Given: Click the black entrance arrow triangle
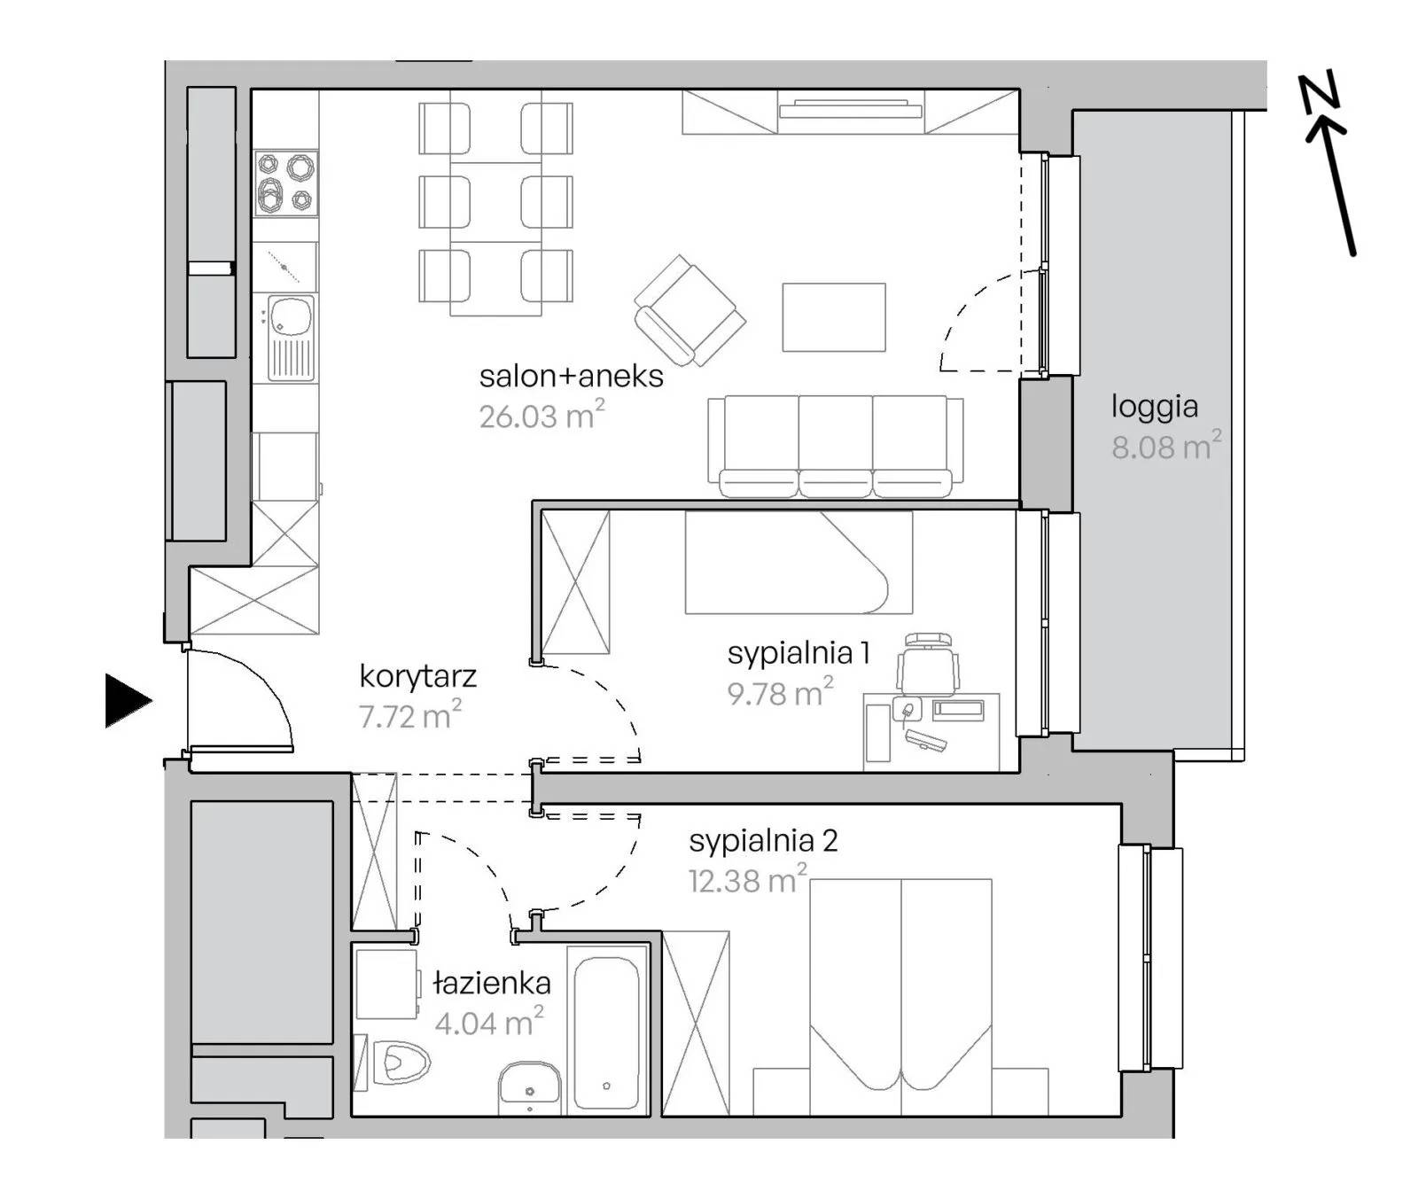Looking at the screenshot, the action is pos(128,701).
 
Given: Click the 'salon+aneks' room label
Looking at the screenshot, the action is pos(571,376).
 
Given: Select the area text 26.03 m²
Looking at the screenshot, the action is pos(541,415).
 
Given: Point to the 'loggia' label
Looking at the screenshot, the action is pos(1155,407).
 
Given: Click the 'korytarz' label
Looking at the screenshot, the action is pos(417,676).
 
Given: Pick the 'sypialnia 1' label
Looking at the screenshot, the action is pos(799,653).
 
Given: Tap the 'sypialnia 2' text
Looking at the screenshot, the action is pos(763,840).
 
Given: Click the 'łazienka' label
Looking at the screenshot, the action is pos(492,982).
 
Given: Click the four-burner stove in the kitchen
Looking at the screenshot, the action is pos(286,183).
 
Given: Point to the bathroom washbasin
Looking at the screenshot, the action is pos(529,1087).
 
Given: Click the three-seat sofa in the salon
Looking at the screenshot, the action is pos(836,446).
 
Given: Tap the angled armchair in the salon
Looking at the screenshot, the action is pos(690,311).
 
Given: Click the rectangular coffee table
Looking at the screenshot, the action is pos(834,317).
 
